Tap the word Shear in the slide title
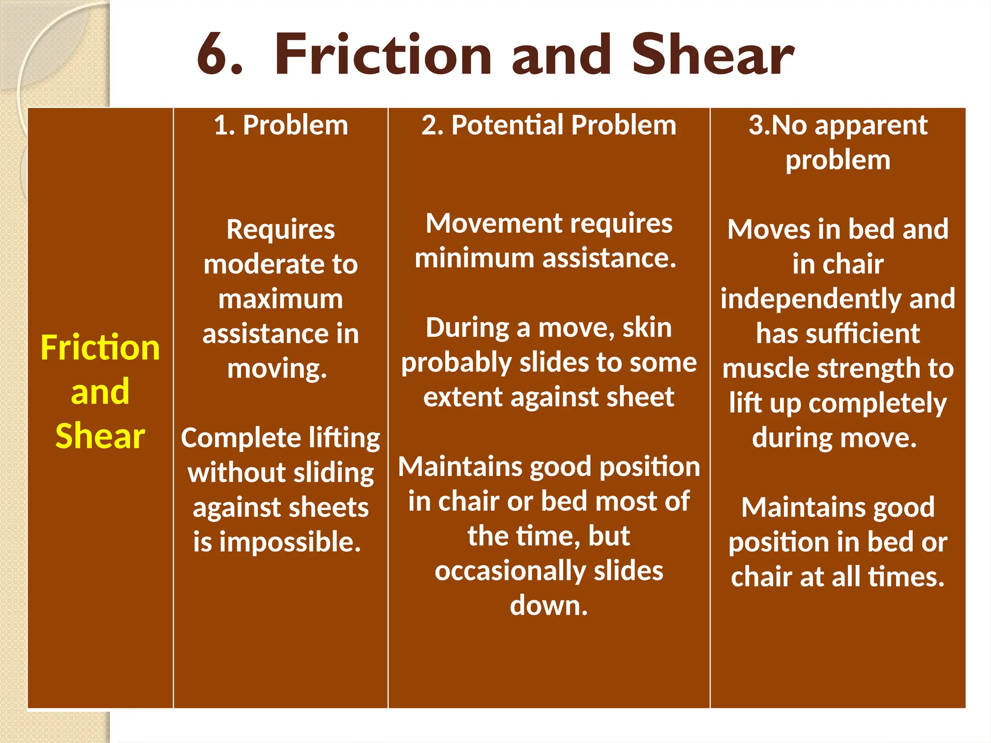pos(712,54)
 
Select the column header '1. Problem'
pos(281,125)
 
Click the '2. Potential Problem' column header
pos(549,125)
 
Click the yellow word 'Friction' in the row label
pos(100,348)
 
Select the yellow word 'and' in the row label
pos(100,392)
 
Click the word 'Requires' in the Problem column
pos(281,229)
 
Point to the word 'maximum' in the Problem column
pos(281,299)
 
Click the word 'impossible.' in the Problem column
pos(290,542)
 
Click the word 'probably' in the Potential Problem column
pos(456,363)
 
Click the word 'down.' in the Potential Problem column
pos(549,606)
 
